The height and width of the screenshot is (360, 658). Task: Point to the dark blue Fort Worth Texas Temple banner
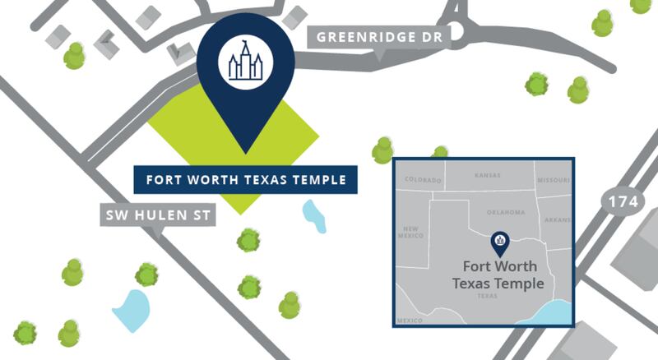[244, 180]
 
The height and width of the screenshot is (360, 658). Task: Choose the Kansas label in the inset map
[489, 175]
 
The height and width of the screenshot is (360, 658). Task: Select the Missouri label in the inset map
[553, 180]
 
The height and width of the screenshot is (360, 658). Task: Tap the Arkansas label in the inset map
[557, 220]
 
